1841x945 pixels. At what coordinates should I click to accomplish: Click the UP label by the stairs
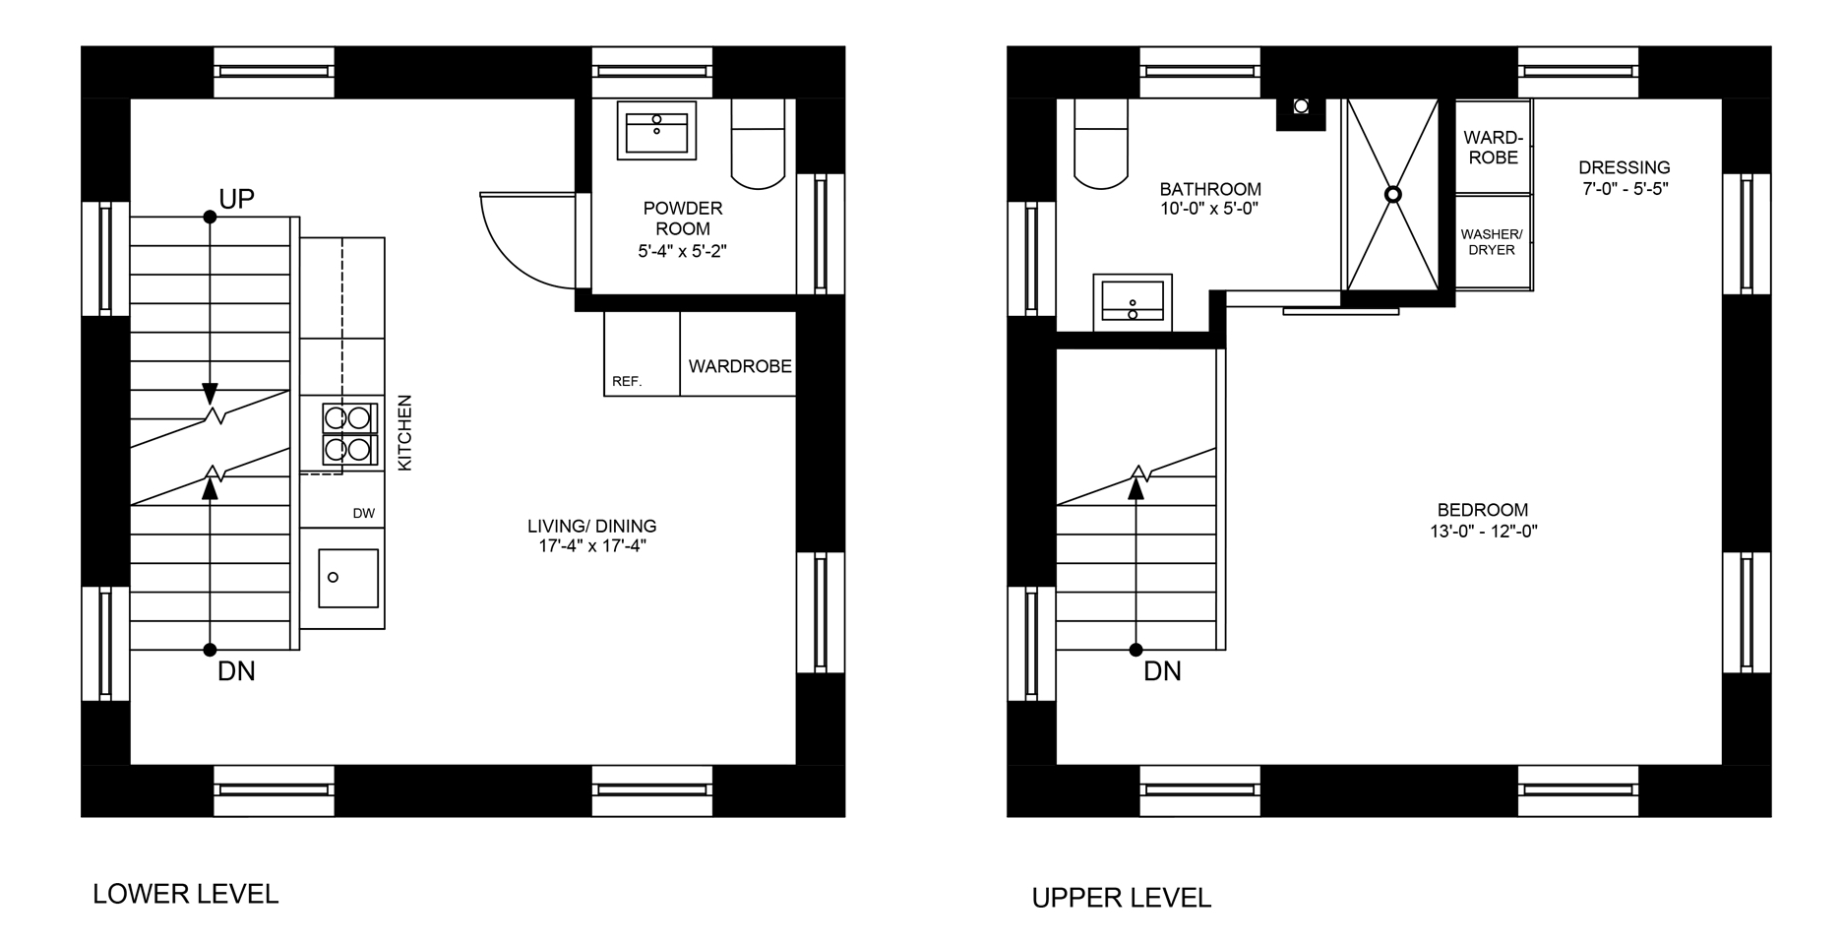point(236,199)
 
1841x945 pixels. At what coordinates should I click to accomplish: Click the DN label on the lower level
point(236,671)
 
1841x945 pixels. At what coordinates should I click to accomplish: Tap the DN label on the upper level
point(1162,671)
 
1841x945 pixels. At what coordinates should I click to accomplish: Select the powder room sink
point(656,130)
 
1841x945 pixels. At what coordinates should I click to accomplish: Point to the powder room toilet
point(759,144)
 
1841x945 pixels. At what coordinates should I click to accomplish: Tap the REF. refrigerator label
point(627,381)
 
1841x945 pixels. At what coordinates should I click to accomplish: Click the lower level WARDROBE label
point(740,366)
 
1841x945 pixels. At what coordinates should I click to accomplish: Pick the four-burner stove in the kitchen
point(349,433)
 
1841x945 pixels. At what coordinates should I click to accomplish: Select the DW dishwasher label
point(364,513)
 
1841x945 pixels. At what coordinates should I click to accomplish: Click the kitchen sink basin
point(348,578)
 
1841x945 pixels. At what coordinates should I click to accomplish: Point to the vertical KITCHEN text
point(404,433)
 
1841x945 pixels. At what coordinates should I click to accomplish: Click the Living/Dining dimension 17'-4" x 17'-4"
point(591,546)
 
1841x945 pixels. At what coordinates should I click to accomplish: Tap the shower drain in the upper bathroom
point(1392,195)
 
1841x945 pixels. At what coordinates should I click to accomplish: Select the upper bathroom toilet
point(1101,144)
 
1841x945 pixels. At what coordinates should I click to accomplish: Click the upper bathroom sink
point(1133,302)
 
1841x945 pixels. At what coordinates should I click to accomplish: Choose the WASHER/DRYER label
point(1492,242)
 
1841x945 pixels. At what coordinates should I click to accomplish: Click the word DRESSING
point(1624,167)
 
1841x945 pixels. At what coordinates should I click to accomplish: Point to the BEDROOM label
point(1483,510)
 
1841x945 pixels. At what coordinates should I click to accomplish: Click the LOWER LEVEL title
point(186,894)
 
